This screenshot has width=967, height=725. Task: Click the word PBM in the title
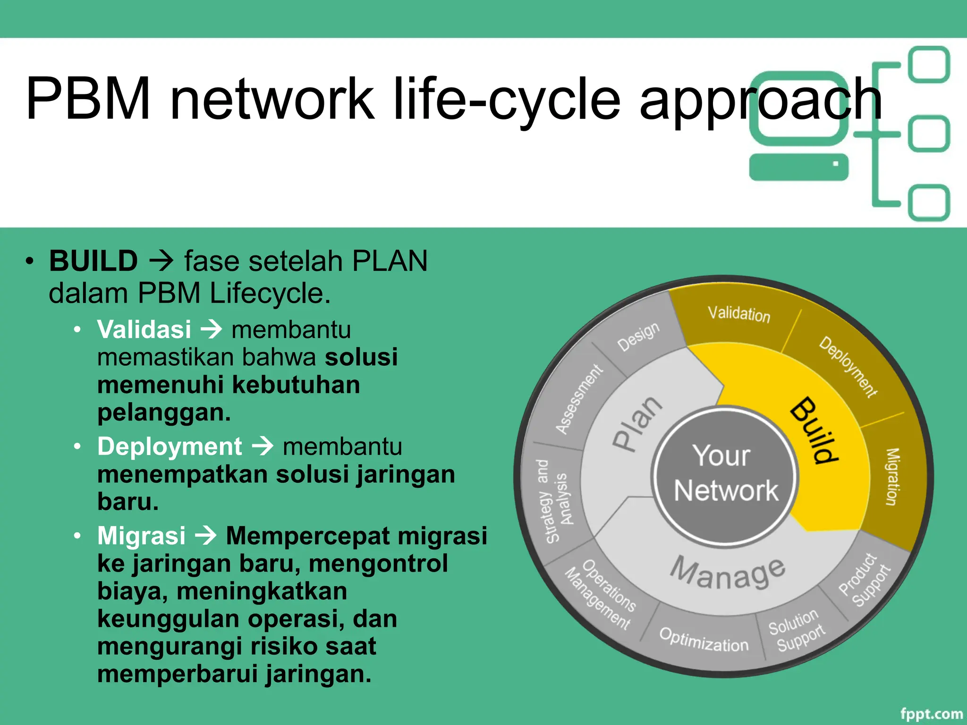coord(88,98)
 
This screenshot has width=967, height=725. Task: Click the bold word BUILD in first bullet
coord(93,261)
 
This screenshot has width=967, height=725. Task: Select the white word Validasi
coord(144,329)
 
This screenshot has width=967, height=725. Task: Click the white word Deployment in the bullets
coord(170,446)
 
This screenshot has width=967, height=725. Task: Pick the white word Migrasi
coord(141,535)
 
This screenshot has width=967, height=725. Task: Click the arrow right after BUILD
coord(161,261)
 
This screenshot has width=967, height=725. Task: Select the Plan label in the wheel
coord(636,424)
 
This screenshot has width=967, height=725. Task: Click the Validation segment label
coord(739,314)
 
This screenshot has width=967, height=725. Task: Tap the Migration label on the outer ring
coord(891,477)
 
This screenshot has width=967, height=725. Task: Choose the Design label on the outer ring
coord(638,336)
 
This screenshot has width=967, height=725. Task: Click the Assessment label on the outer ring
coord(579,399)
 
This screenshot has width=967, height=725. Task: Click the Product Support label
coord(864,580)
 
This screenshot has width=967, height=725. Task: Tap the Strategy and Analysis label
coord(554,500)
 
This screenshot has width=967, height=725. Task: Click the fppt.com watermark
coord(931,714)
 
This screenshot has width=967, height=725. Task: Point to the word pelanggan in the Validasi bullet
coord(164,412)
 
